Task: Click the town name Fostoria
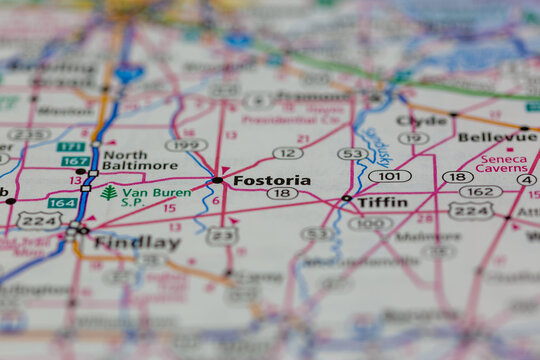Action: click(x=271, y=180)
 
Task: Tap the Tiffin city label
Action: click(x=382, y=201)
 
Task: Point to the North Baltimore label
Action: click(x=139, y=160)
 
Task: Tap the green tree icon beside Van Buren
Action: click(x=108, y=192)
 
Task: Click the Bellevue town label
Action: click(x=496, y=136)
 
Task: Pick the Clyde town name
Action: click(x=421, y=120)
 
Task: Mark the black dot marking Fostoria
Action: click(x=217, y=180)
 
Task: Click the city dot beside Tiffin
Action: click(x=346, y=198)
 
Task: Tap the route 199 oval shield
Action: click(x=186, y=144)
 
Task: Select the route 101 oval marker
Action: click(x=389, y=176)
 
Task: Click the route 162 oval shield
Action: click(x=481, y=191)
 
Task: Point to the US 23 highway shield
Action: click(x=222, y=235)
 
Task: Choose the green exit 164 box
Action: click(x=62, y=203)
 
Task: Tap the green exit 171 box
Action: click(x=70, y=147)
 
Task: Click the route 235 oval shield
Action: click(x=27, y=134)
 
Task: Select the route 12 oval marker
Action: click(x=287, y=153)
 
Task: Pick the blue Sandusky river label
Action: click(x=376, y=146)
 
